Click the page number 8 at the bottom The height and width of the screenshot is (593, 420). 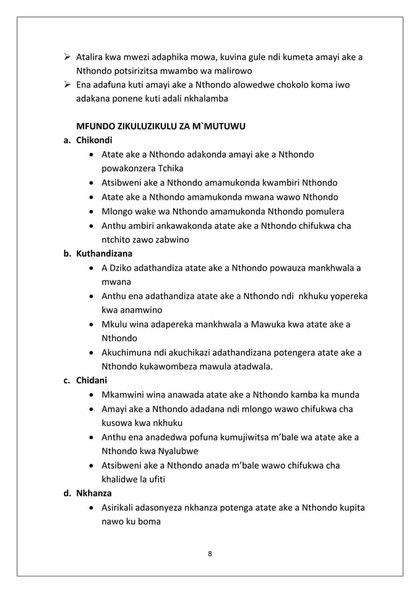click(x=209, y=553)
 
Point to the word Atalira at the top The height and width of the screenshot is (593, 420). click(x=92, y=57)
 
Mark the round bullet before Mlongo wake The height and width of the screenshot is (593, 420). click(x=90, y=211)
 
